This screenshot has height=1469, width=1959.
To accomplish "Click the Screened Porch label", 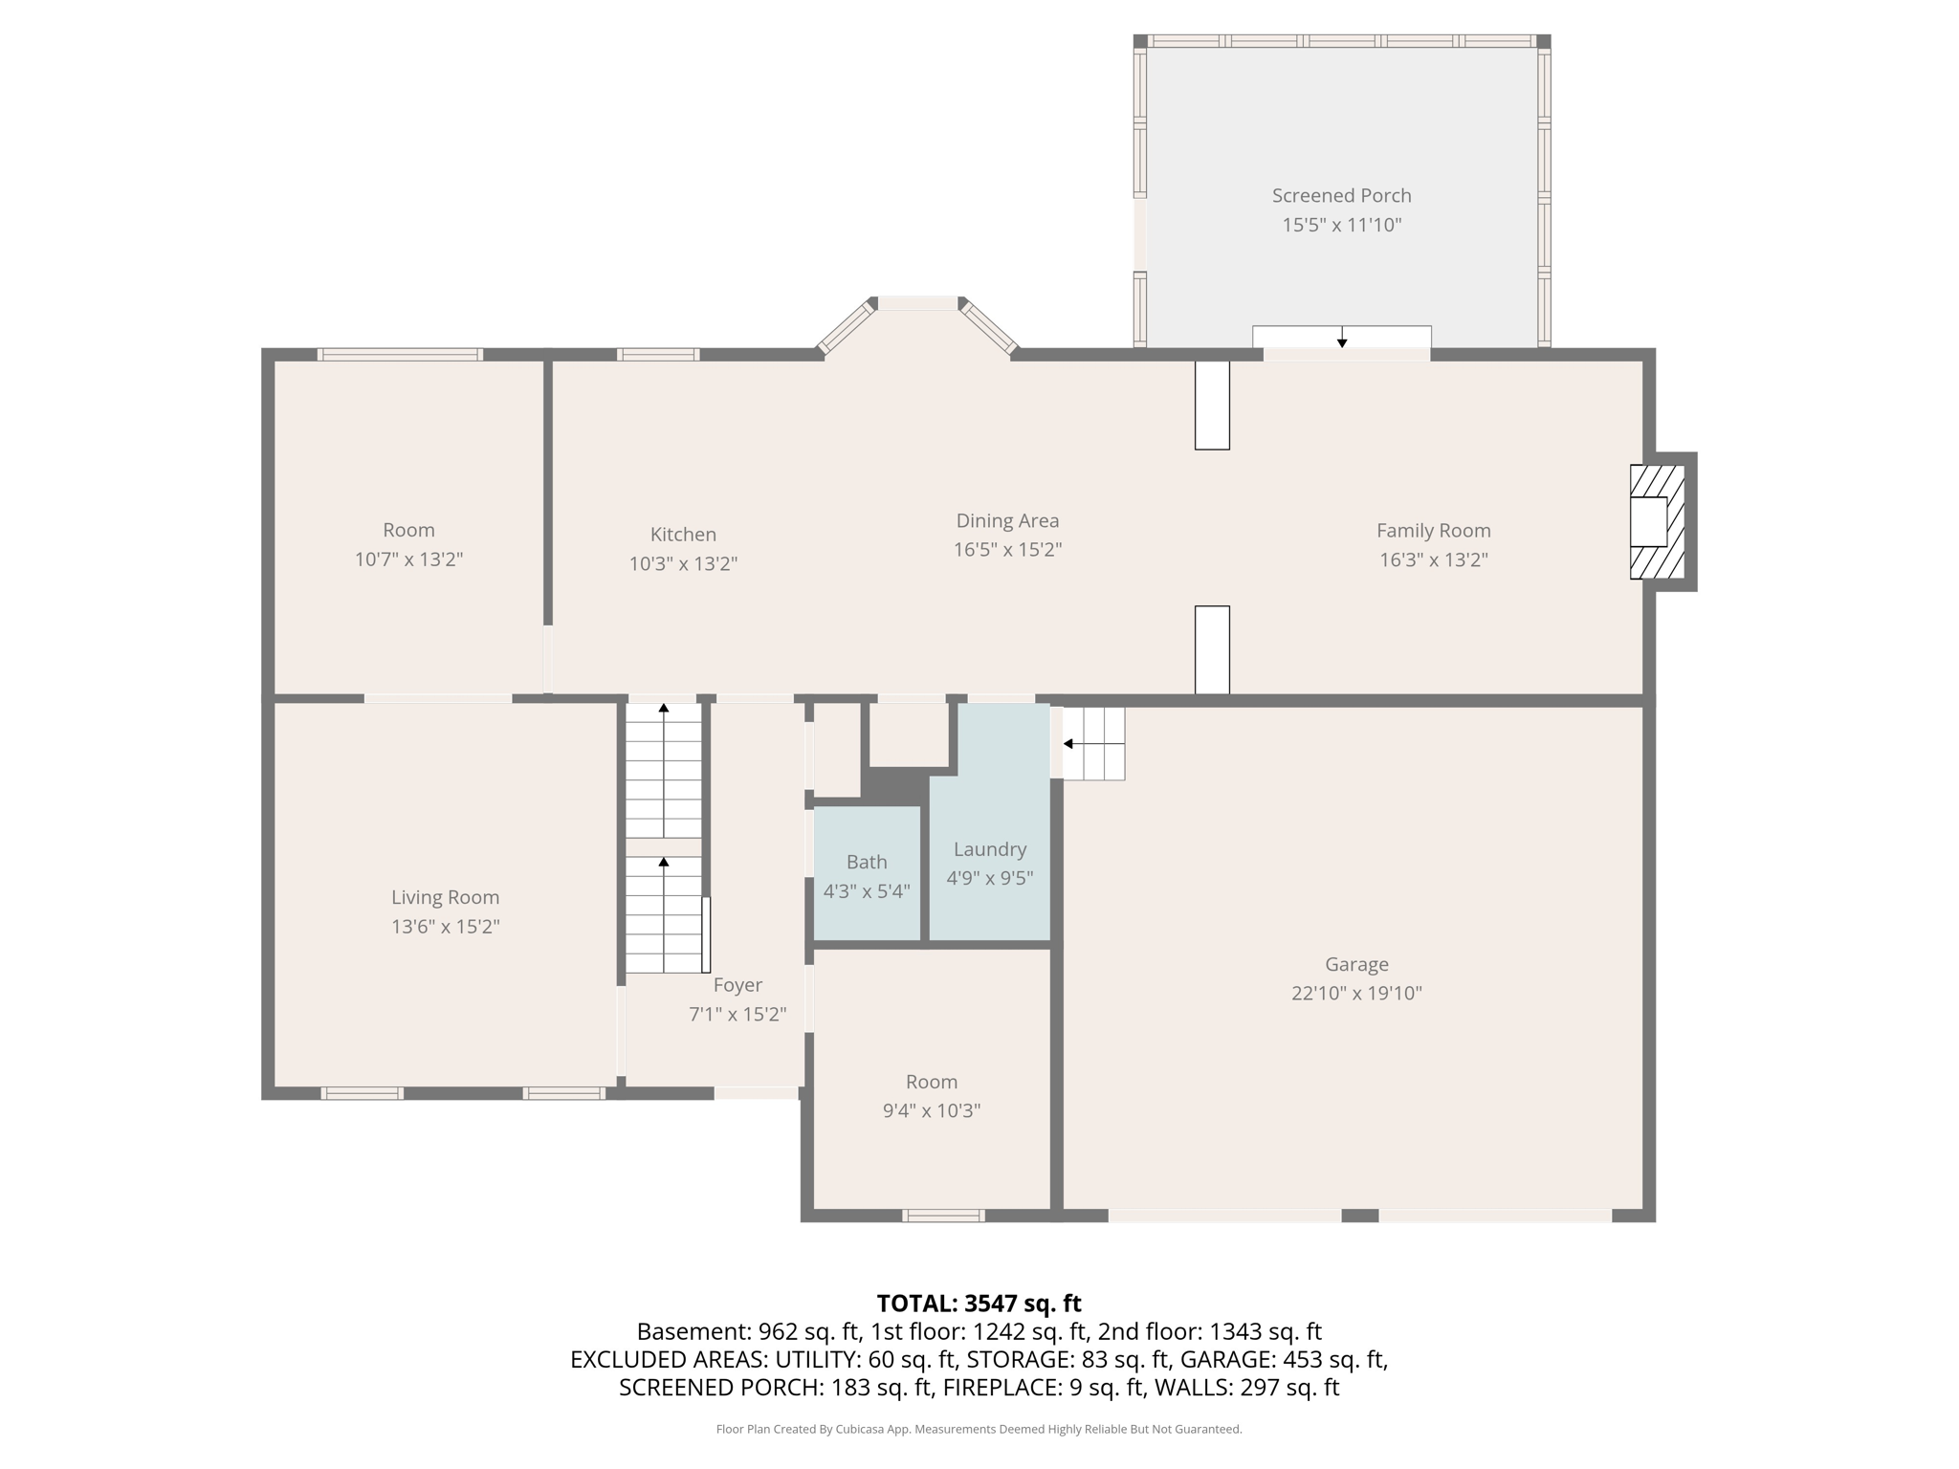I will click(x=1341, y=195).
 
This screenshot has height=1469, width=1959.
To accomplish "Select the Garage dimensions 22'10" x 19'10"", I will click(x=1356, y=993).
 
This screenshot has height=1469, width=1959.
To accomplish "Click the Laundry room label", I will click(x=990, y=849).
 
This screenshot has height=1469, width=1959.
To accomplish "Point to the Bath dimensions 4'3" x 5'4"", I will click(x=867, y=891).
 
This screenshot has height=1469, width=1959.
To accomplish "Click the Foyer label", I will click(x=737, y=985).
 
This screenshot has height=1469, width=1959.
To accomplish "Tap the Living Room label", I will click(x=445, y=897).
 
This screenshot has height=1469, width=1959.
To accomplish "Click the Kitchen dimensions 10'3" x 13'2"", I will click(x=683, y=564).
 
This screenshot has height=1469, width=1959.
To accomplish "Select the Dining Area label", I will click(x=1007, y=521).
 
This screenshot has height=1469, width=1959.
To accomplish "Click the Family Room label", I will click(x=1433, y=531).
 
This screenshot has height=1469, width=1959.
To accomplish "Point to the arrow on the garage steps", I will click(x=1068, y=744).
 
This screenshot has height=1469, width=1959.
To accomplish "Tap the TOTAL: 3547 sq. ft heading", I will click(x=979, y=1304).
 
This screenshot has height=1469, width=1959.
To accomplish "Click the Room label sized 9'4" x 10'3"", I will click(x=931, y=1082).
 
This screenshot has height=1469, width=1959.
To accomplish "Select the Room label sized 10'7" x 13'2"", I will click(x=408, y=530).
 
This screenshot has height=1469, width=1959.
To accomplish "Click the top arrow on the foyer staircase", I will click(x=664, y=709).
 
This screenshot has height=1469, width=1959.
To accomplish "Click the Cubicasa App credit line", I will click(x=979, y=1429).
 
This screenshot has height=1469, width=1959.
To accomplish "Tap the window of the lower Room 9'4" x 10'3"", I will click(x=943, y=1216).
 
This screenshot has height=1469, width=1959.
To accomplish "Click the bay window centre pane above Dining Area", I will click(x=917, y=303).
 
